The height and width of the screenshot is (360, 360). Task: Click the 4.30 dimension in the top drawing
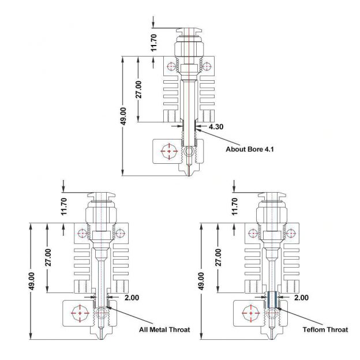(217, 126)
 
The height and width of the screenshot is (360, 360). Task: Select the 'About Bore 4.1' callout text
(249, 148)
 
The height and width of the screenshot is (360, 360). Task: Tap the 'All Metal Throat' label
(164, 330)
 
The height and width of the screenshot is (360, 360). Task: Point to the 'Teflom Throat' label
(325, 330)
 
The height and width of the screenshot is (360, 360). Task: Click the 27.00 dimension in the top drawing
(138, 89)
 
